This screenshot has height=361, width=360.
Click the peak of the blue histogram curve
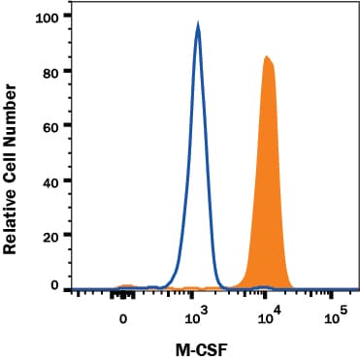click(x=198, y=26)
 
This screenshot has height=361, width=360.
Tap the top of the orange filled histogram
click(x=266, y=58)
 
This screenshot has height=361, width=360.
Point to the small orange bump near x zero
click(x=125, y=286)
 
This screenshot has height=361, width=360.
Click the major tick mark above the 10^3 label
click(x=195, y=297)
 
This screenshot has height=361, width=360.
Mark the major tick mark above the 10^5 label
click(x=336, y=297)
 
